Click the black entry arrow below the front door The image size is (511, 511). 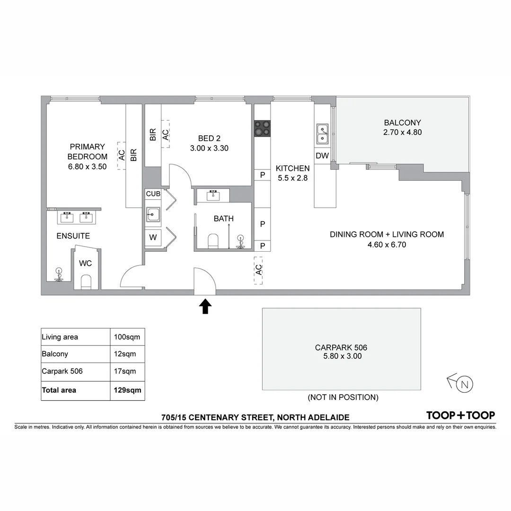pos(205,307)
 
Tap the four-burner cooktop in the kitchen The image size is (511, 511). pos(262,128)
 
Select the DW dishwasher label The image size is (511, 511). pos(322,156)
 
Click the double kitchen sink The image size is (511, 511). pos(322,134)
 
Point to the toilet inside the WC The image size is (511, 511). pos(86,282)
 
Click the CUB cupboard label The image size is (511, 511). pos(153,194)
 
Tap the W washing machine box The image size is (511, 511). pos(153,238)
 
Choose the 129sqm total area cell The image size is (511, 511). pos(127,390)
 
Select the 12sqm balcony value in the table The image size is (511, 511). pos(125,354)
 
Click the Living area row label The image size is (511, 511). pos(60,337)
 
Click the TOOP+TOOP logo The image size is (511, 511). pos(460,415)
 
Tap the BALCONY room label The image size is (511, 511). pos(403,123)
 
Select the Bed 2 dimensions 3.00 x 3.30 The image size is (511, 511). pos(209,148)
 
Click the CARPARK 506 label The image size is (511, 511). pos(341,348)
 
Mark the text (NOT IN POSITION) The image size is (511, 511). pos(343,397)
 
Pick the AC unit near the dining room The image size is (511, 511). pos(258,270)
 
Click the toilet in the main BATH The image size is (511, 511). pos(213,241)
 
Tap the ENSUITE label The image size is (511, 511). pos(73,236)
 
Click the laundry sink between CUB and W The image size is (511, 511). pos(153,214)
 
